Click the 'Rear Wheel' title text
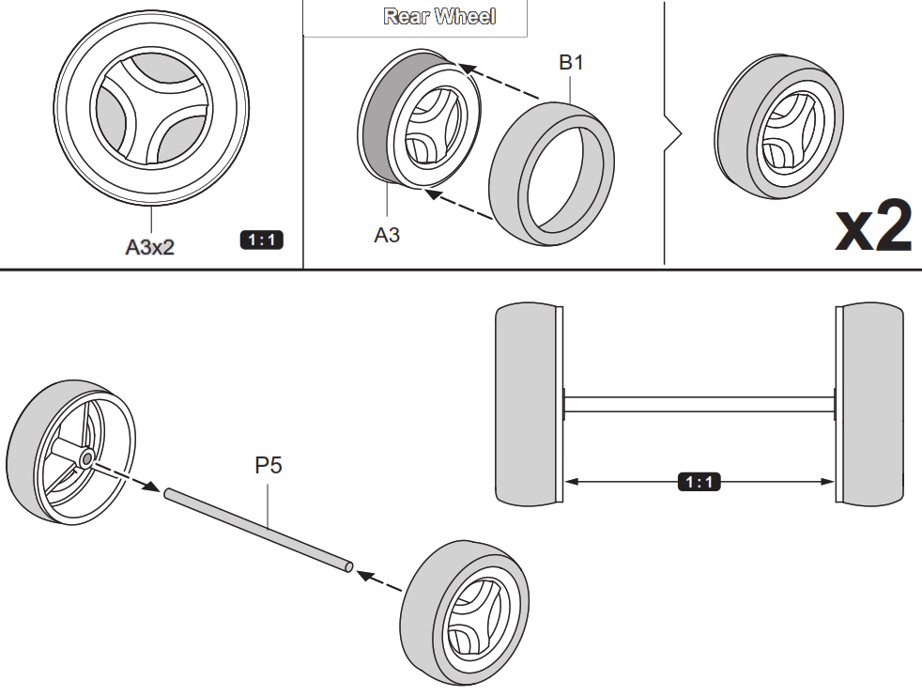pyautogui.click(x=439, y=17)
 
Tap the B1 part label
pyautogui.click(x=571, y=63)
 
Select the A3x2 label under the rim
pyautogui.click(x=150, y=247)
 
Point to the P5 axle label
pyautogui.click(x=269, y=466)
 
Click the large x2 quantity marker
pyautogui.click(x=872, y=227)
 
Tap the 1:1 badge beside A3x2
pyautogui.click(x=261, y=240)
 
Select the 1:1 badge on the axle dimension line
pyautogui.click(x=699, y=482)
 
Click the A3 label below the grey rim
pyautogui.click(x=387, y=235)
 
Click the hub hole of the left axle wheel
pyautogui.click(x=85, y=459)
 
